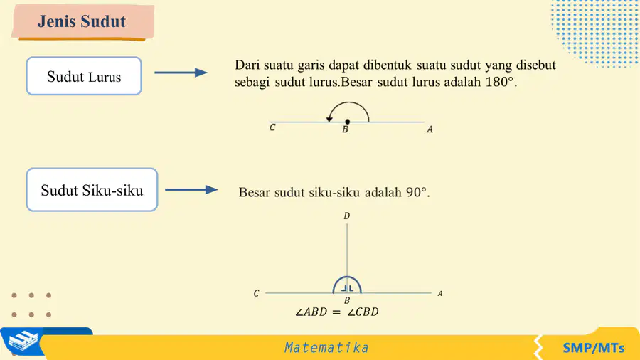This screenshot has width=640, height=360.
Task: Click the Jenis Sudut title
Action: [x=82, y=21]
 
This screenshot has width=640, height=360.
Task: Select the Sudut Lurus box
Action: [x=84, y=76]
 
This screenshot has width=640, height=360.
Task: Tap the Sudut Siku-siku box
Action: [x=92, y=190]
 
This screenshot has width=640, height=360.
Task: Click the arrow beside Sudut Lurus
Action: [x=181, y=73]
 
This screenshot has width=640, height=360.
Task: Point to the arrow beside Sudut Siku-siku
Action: [x=191, y=189]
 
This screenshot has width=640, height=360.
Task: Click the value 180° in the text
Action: [x=499, y=82]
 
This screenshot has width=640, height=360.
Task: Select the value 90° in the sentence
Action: [x=416, y=192]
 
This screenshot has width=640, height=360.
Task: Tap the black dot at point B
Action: [x=347, y=122]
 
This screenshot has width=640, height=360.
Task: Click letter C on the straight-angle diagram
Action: [x=272, y=127]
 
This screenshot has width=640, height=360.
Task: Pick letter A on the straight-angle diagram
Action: [x=430, y=129]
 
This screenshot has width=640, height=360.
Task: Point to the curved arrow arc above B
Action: [x=348, y=103]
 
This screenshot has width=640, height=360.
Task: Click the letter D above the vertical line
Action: [x=346, y=216]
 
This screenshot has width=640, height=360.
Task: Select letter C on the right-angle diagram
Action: [x=256, y=293]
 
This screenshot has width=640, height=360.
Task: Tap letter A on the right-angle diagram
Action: [x=440, y=293]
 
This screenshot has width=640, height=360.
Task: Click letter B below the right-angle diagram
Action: [x=347, y=300]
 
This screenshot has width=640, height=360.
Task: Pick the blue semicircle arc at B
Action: [x=347, y=277]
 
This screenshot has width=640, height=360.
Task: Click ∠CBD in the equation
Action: [x=363, y=312]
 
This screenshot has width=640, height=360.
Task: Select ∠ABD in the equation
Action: [x=311, y=312]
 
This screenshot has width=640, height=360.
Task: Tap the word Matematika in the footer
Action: [x=326, y=348]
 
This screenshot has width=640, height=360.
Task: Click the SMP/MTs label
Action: [x=594, y=348]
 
